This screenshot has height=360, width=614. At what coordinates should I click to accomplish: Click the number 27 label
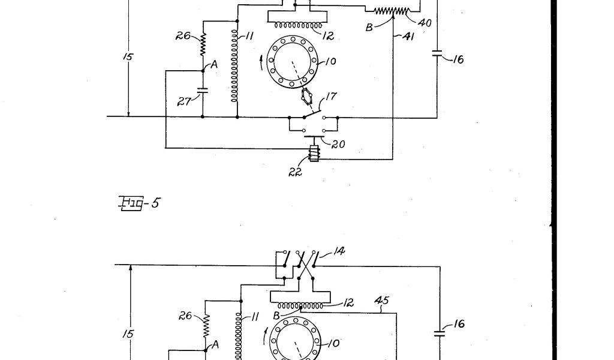tap(183, 103)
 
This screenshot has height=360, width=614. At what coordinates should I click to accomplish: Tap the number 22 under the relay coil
tap(294, 172)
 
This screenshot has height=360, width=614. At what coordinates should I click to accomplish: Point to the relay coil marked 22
tap(312, 154)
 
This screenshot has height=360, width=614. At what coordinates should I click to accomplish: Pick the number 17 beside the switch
tap(332, 95)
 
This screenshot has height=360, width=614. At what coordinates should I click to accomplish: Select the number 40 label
tap(425, 23)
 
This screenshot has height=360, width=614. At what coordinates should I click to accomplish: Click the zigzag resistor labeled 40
tap(390, 11)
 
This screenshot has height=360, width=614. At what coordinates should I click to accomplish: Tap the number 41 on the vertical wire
tap(408, 37)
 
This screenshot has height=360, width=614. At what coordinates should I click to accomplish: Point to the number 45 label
tap(382, 299)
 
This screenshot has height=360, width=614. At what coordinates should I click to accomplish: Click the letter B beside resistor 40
tap(370, 27)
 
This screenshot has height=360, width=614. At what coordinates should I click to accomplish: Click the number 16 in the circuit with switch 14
tap(458, 324)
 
